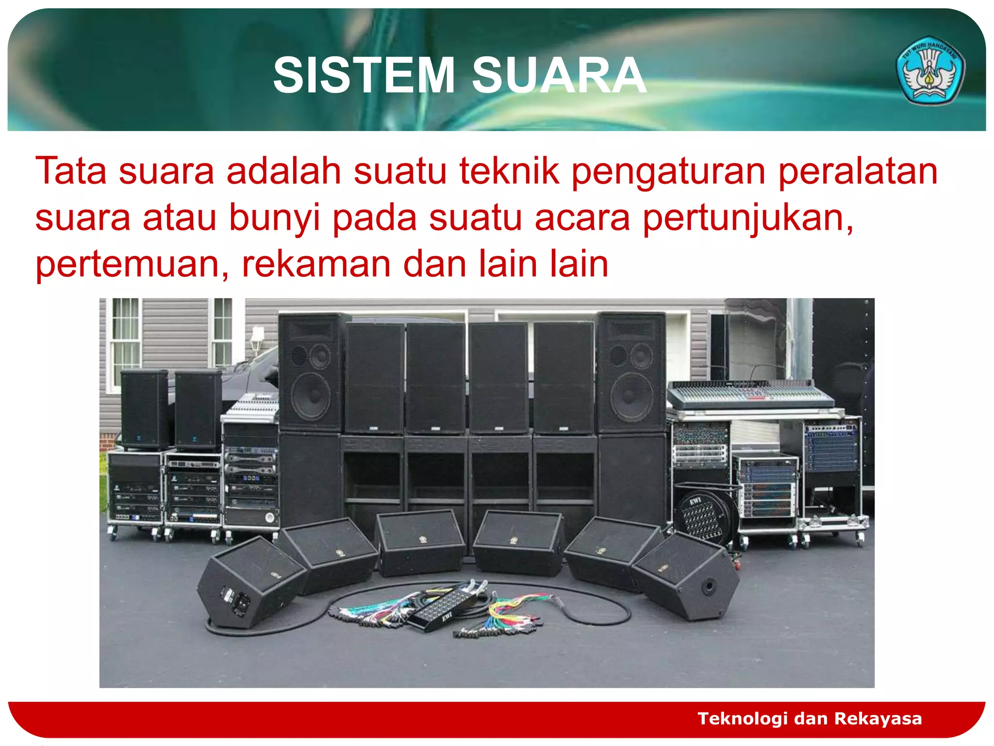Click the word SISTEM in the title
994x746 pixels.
(364, 75)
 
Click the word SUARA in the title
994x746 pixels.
(559, 75)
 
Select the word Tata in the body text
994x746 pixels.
(71, 171)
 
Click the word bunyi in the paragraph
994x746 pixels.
(274, 218)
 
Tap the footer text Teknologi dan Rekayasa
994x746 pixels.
(810, 718)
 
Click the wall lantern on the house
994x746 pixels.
(257, 338)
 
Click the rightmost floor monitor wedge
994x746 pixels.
(685, 576)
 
